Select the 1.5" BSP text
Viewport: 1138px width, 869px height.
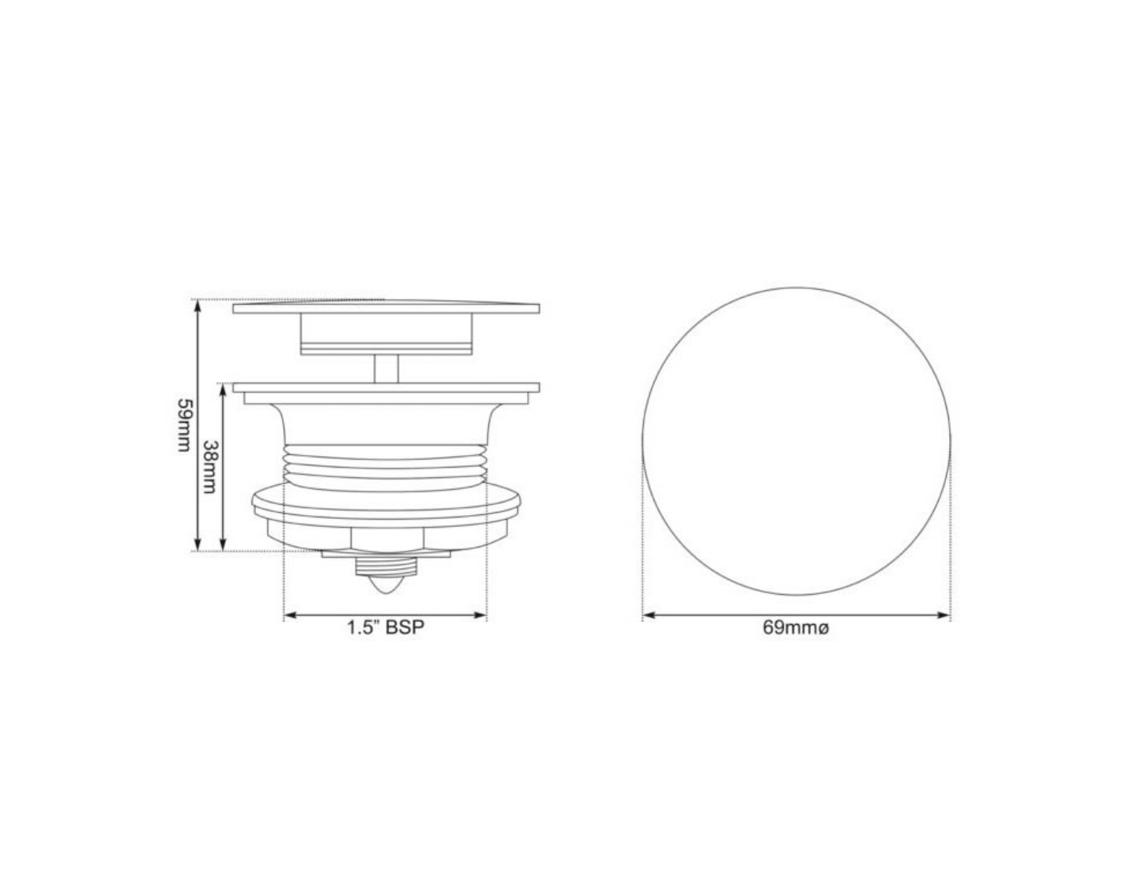click(385, 629)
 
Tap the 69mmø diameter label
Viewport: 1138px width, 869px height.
click(796, 629)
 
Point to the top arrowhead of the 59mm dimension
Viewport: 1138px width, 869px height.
click(197, 305)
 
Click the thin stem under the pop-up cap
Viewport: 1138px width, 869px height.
click(386, 369)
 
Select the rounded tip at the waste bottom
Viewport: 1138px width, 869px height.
click(386, 585)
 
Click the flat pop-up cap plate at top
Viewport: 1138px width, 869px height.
click(386, 308)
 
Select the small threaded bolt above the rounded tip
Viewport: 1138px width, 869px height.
click(386, 566)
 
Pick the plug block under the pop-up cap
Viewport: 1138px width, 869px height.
click(386, 334)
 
